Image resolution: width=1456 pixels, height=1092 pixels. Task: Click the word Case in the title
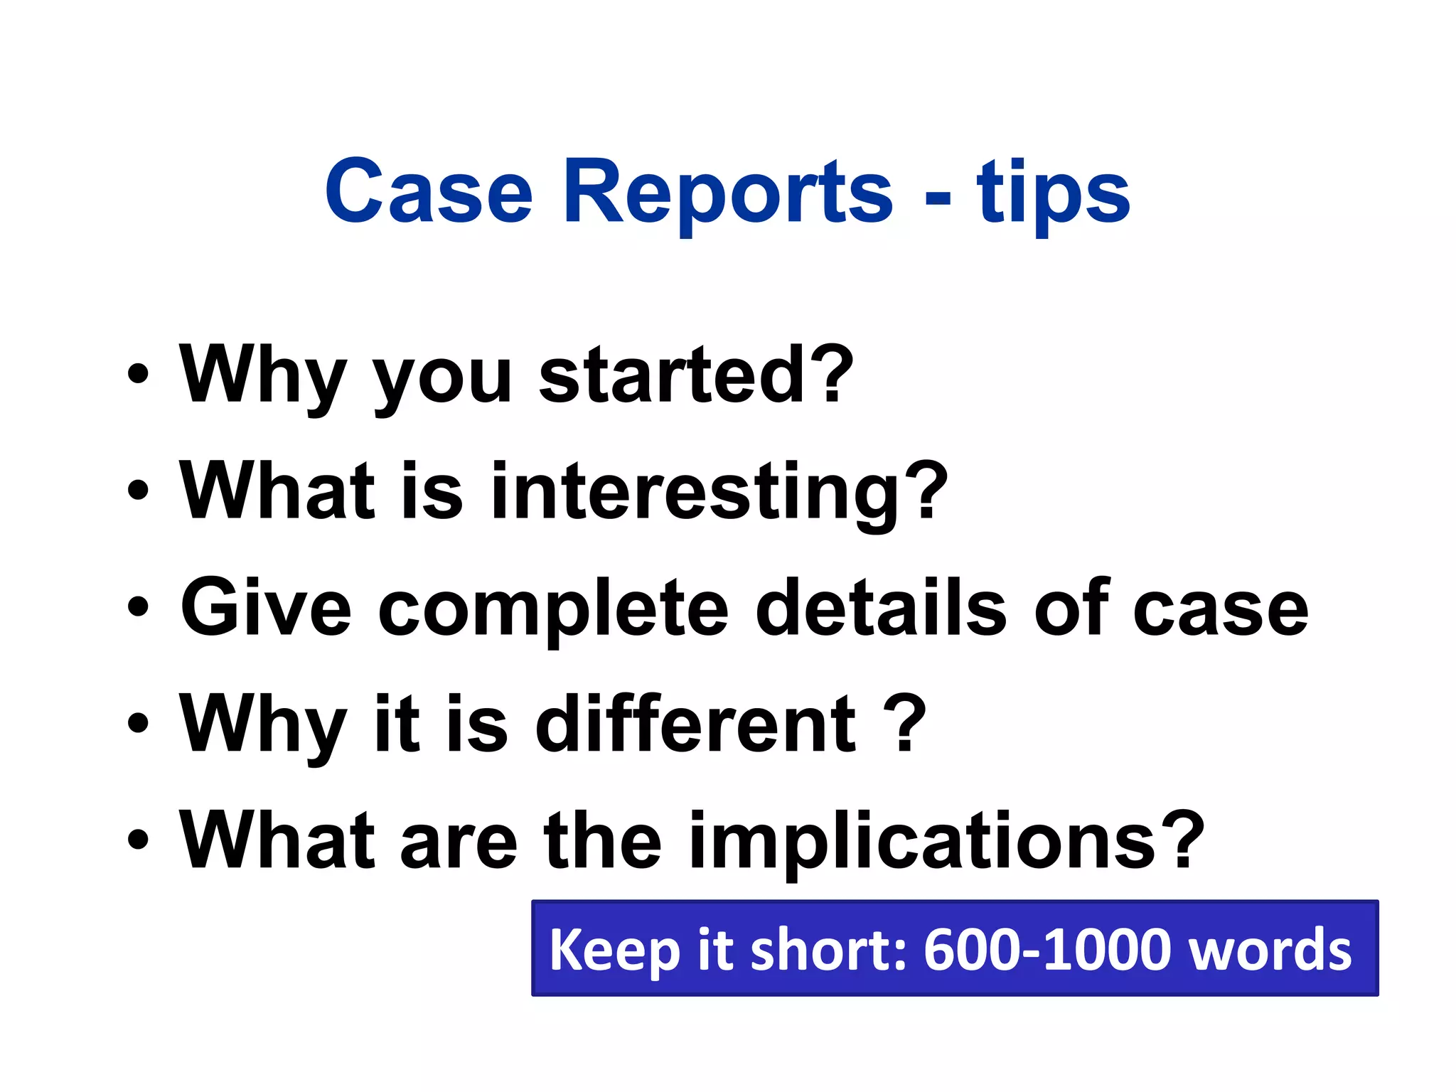coord(428,192)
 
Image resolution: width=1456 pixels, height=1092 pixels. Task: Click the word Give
coord(266,607)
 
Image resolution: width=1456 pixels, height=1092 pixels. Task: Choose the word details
coord(880,607)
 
